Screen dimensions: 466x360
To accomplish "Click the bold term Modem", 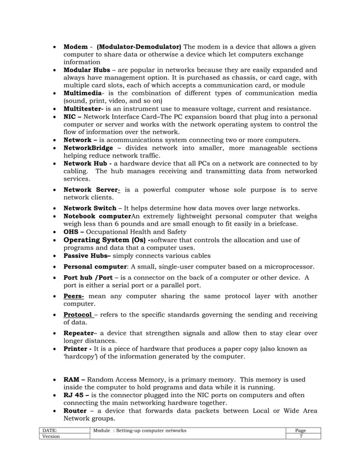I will [x=76, y=46].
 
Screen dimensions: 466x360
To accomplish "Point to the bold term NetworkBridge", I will [x=89, y=148].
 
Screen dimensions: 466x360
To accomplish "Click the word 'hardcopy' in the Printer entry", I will [x=82, y=357].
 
